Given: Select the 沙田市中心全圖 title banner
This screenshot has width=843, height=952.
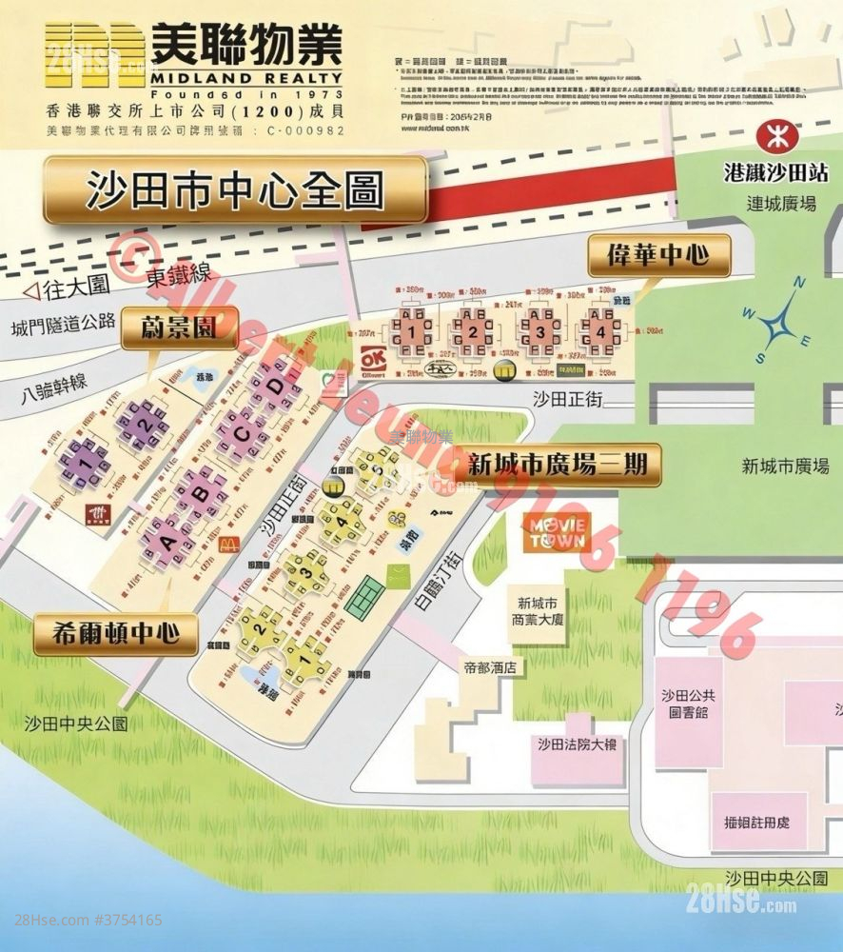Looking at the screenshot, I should click(x=234, y=189).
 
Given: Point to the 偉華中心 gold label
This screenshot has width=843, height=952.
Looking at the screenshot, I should click(x=657, y=255).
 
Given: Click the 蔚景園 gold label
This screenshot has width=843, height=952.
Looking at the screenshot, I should click(x=178, y=327).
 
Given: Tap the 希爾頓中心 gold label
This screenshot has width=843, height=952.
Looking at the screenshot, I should click(x=116, y=634).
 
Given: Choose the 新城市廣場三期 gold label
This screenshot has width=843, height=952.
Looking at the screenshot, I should click(x=558, y=464).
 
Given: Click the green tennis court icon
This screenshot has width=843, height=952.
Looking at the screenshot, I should click(x=363, y=601).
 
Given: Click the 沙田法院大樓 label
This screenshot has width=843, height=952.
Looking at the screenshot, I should click(x=577, y=744).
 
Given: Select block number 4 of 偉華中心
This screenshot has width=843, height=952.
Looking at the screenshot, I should click(x=599, y=332).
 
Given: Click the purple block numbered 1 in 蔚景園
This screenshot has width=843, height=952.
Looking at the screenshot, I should click(x=84, y=463).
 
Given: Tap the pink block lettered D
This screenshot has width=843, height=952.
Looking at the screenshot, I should click(x=275, y=387).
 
